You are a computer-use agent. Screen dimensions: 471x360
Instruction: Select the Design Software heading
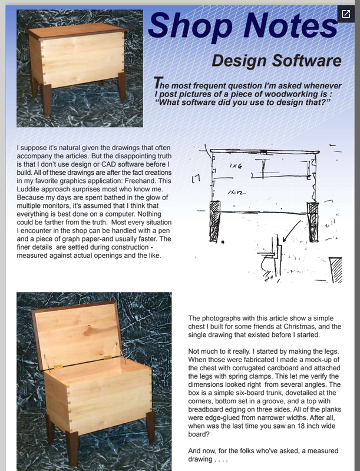click(276, 61)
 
